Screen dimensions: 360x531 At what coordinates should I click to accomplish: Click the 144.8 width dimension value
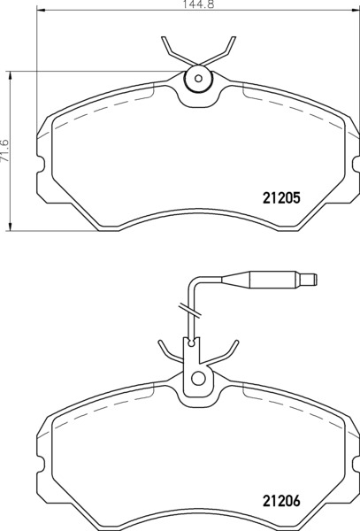pyautogui.click(x=198, y=4)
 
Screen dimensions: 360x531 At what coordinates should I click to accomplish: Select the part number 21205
pyautogui.click(x=281, y=197)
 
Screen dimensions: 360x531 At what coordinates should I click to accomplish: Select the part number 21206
pyautogui.click(x=281, y=501)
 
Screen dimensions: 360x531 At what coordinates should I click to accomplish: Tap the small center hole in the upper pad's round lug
pyautogui.click(x=199, y=79)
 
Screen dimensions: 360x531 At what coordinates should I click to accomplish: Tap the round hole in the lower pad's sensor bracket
pyautogui.click(x=199, y=378)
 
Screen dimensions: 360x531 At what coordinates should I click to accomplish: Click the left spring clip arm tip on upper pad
pyautogui.click(x=164, y=38)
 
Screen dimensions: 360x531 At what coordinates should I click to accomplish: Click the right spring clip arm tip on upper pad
pyautogui.click(x=234, y=38)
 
